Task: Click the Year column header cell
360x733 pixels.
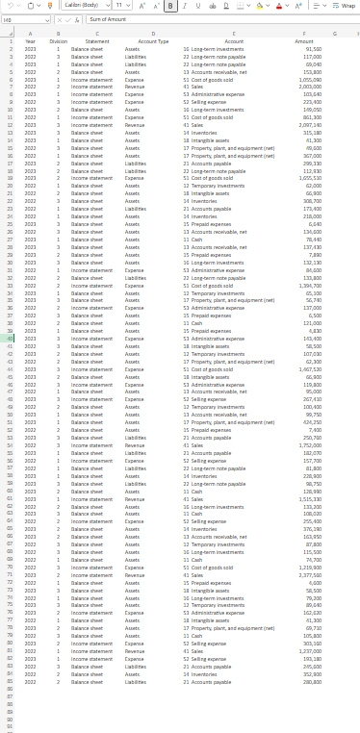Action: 31,40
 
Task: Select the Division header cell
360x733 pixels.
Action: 59,40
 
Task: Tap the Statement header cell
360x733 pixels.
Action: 97,40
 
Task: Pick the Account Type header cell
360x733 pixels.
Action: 153,40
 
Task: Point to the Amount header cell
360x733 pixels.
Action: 304,40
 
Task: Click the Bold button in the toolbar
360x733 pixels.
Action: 170,6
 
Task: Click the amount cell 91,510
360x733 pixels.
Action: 310,48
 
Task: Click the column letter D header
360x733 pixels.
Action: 153,32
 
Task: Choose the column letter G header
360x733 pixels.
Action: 333,32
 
